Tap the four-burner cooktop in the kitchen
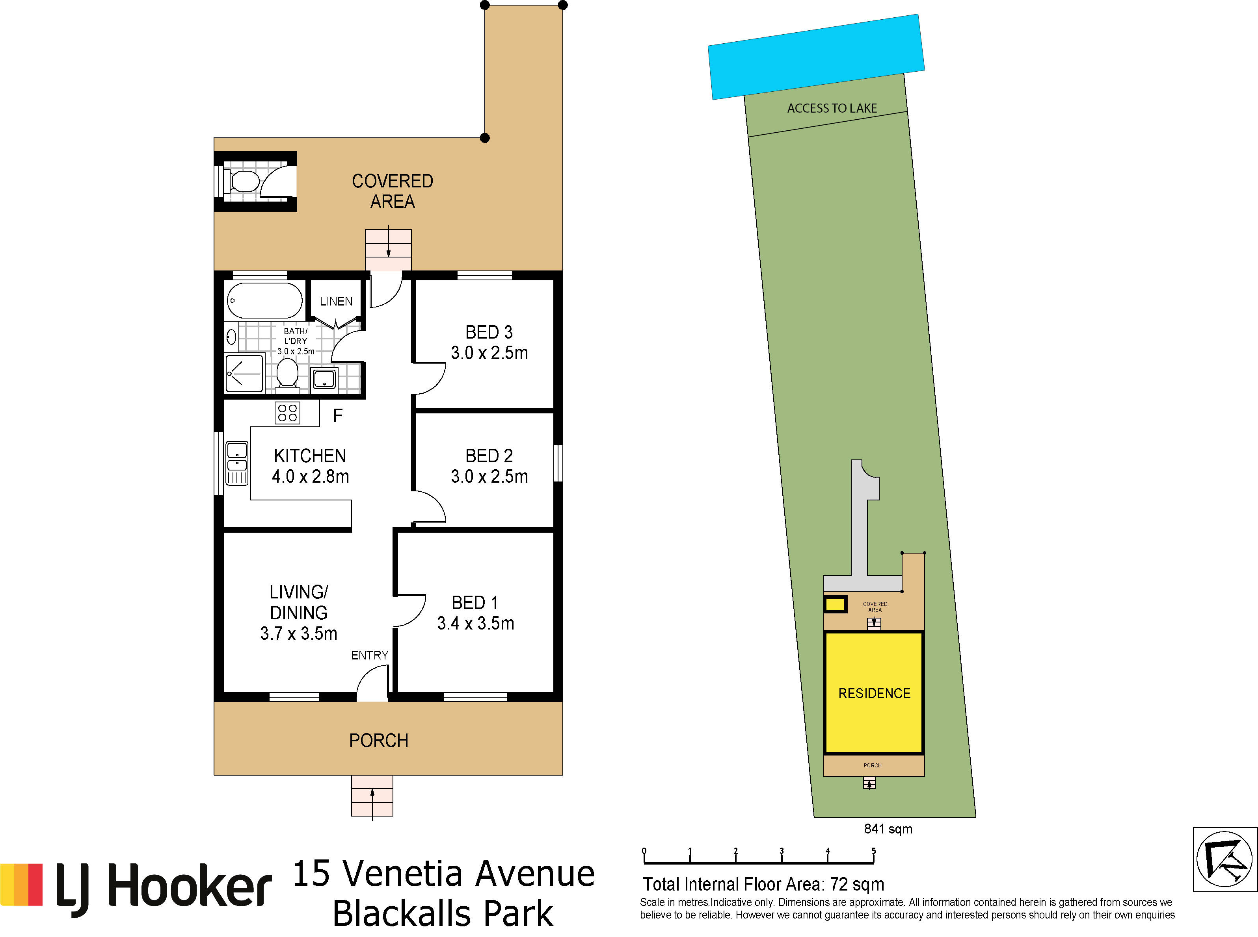(x=287, y=413)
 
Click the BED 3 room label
(x=489, y=332)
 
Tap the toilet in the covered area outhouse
(x=244, y=181)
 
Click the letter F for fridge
(x=338, y=416)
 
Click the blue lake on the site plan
(x=816, y=57)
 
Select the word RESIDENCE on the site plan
(x=874, y=693)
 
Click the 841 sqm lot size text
(x=888, y=829)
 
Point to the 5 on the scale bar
(x=874, y=851)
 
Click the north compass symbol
(x=1225, y=859)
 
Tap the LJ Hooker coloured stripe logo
(x=22, y=885)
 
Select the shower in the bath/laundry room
(x=244, y=373)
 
